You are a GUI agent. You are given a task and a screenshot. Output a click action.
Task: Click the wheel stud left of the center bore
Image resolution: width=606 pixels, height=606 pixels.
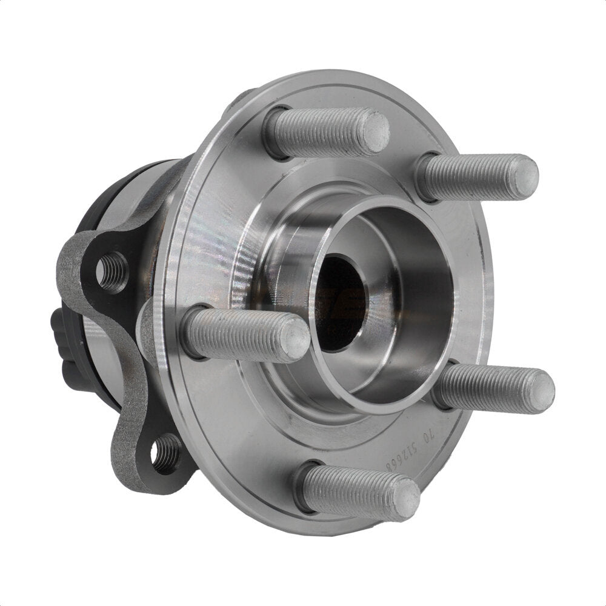[x=242, y=333]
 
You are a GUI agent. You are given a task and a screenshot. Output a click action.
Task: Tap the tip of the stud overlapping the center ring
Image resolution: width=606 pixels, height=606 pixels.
[x=293, y=337]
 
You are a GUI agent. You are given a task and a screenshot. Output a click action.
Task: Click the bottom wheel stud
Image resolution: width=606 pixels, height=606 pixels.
[x=358, y=490]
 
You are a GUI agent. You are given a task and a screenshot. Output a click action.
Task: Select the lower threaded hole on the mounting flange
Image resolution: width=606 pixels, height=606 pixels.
[x=165, y=453]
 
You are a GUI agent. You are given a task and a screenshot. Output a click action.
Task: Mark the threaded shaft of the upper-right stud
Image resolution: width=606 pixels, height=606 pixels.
[x=467, y=177]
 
